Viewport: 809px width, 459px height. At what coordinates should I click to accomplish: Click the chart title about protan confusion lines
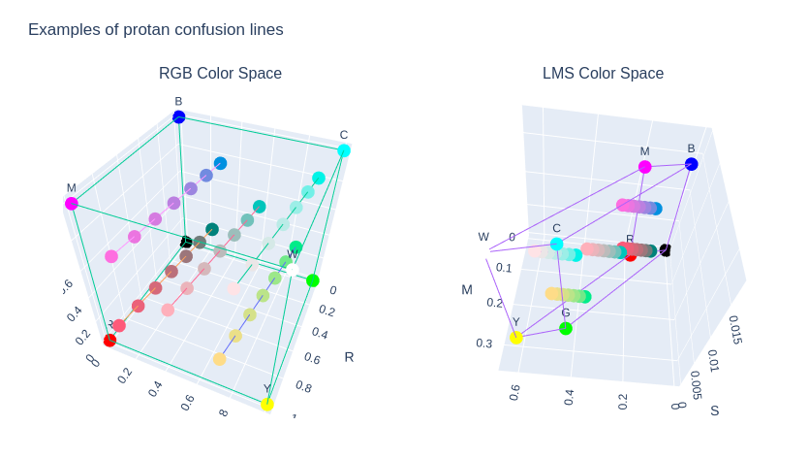coord(155,29)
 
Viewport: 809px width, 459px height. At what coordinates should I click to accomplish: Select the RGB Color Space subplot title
coord(220,73)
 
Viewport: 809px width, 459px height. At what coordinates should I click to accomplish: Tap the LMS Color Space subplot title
coord(603,73)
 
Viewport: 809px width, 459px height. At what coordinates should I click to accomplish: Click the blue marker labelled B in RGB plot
coord(178,117)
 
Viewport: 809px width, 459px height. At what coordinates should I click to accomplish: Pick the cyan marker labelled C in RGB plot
coord(344,150)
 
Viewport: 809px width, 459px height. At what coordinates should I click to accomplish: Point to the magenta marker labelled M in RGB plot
coord(71,204)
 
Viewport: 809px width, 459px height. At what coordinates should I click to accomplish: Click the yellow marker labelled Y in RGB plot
coord(267,405)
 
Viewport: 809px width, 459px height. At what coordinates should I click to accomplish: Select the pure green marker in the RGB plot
coord(312,281)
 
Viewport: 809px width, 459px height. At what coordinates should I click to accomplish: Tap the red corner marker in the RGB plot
coord(109,340)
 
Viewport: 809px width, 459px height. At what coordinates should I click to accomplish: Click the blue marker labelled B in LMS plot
coord(691,164)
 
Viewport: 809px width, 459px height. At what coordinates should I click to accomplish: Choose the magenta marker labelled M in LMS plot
coord(644,167)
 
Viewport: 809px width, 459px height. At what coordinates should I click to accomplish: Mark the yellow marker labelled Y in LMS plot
coord(516,337)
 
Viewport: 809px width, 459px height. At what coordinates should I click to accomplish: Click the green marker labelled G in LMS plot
coord(566,329)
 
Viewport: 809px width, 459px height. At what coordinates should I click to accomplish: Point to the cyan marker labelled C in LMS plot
coord(556,244)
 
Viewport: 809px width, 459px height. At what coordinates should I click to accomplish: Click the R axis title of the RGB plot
coord(349,356)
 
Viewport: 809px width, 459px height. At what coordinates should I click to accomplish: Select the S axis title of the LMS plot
coord(715,410)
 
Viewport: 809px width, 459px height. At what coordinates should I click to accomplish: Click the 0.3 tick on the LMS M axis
coord(483,343)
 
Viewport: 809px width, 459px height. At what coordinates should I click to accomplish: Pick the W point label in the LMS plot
coord(483,237)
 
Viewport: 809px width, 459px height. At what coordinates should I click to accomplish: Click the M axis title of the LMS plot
coord(467,289)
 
